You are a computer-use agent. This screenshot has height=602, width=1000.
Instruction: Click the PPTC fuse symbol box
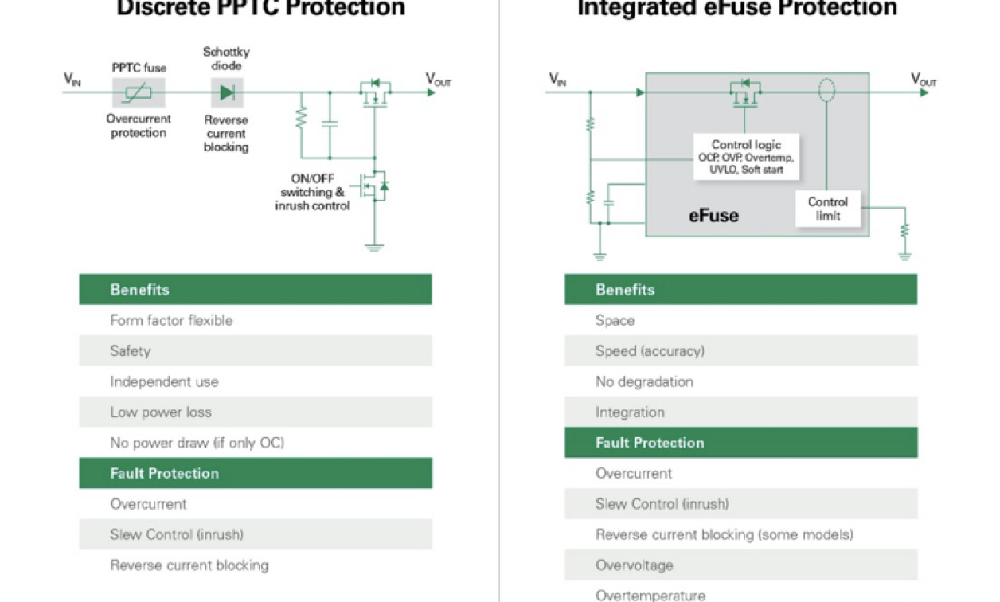[x=139, y=92]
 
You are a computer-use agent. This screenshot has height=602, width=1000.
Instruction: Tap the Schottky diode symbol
[x=227, y=92]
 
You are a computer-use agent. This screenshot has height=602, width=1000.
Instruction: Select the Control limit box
[x=828, y=209]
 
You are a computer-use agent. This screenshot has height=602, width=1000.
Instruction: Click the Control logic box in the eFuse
[x=746, y=157]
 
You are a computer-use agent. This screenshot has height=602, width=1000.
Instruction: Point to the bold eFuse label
[x=713, y=215]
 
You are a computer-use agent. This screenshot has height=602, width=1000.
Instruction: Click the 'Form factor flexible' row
[x=255, y=320]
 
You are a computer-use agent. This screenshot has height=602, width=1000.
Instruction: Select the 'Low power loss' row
[x=255, y=412]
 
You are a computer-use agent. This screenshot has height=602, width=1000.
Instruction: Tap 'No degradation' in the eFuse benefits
[x=740, y=381]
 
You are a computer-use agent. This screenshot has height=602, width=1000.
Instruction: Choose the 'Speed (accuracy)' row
[x=740, y=351]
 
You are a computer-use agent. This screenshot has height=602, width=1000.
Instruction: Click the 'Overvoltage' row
[x=740, y=565]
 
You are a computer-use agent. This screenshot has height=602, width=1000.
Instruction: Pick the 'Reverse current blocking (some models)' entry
[x=740, y=534]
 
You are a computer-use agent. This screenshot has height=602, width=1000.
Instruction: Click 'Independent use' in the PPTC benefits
[x=255, y=381]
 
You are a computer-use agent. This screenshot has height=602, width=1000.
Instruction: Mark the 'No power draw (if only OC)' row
[x=255, y=443]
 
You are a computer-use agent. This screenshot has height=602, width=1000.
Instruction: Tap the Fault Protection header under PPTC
[x=255, y=473]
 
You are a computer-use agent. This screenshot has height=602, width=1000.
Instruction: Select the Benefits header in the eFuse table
[x=740, y=290]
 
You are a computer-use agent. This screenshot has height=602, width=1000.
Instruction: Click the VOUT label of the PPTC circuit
[x=438, y=79]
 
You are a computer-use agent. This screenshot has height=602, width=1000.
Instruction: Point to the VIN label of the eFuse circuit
[x=557, y=79]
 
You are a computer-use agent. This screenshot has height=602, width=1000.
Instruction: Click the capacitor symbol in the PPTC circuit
[x=329, y=124]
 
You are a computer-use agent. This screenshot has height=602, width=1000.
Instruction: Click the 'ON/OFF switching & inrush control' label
[x=312, y=192]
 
